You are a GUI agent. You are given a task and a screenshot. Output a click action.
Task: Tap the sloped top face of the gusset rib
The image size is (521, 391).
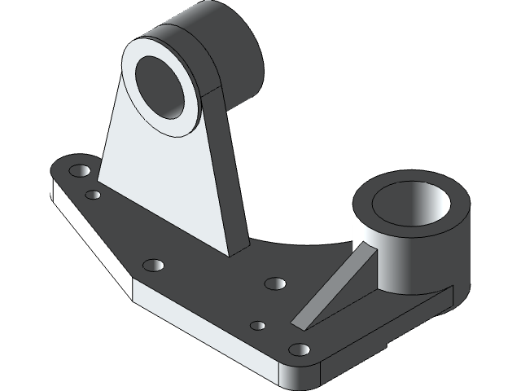click(x=338, y=286)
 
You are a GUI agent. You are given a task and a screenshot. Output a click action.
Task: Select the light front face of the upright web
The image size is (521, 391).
click(x=163, y=179)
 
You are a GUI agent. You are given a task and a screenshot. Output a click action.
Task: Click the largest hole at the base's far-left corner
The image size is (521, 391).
click(x=79, y=172)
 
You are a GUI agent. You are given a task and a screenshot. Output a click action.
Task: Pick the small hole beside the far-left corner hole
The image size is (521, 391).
click(x=94, y=195)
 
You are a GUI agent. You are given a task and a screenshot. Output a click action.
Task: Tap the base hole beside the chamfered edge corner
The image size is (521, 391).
click(x=153, y=266)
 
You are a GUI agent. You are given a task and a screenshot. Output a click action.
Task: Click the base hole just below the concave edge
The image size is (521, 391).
click(x=275, y=283)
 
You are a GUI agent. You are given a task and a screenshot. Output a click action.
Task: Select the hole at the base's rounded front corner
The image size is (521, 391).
click(x=299, y=350)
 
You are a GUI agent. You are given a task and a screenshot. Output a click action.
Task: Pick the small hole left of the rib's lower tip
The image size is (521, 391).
click(x=257, y=326)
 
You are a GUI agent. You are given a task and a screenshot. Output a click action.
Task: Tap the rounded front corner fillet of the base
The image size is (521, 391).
click(x=301, y=373)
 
